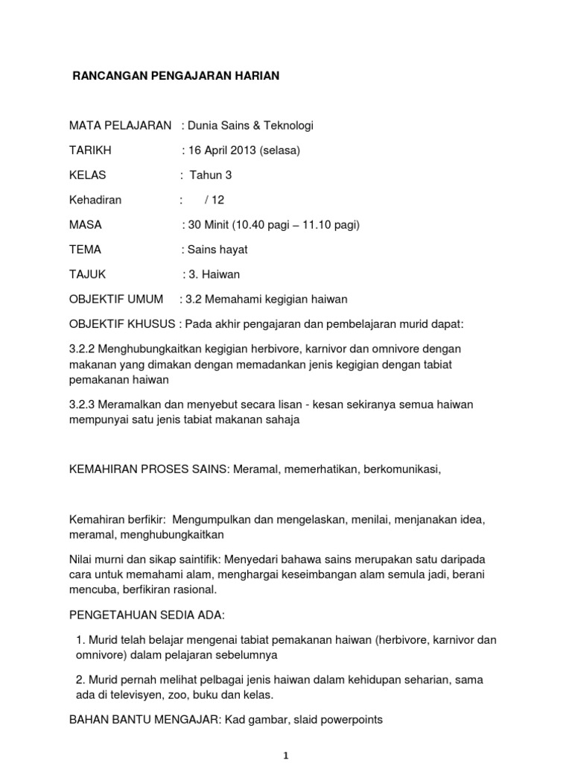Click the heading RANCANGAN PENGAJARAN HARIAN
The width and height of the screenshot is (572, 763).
coord(175,76)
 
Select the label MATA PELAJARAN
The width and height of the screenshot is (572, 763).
coord(120,125)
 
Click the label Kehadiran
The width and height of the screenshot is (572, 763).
coord(95,200)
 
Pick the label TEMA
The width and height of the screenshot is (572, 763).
coord(85,250)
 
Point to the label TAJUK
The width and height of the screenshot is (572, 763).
coord(89,274)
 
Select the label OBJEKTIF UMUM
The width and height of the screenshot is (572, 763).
coord(115,300)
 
